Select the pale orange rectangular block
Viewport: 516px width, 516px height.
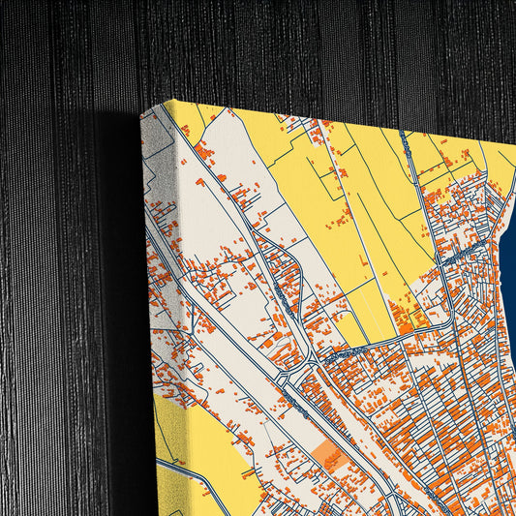pyautogui.click(x=331, y=457)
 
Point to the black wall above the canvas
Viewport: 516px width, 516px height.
pyautogui.click(x=290, y=48)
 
